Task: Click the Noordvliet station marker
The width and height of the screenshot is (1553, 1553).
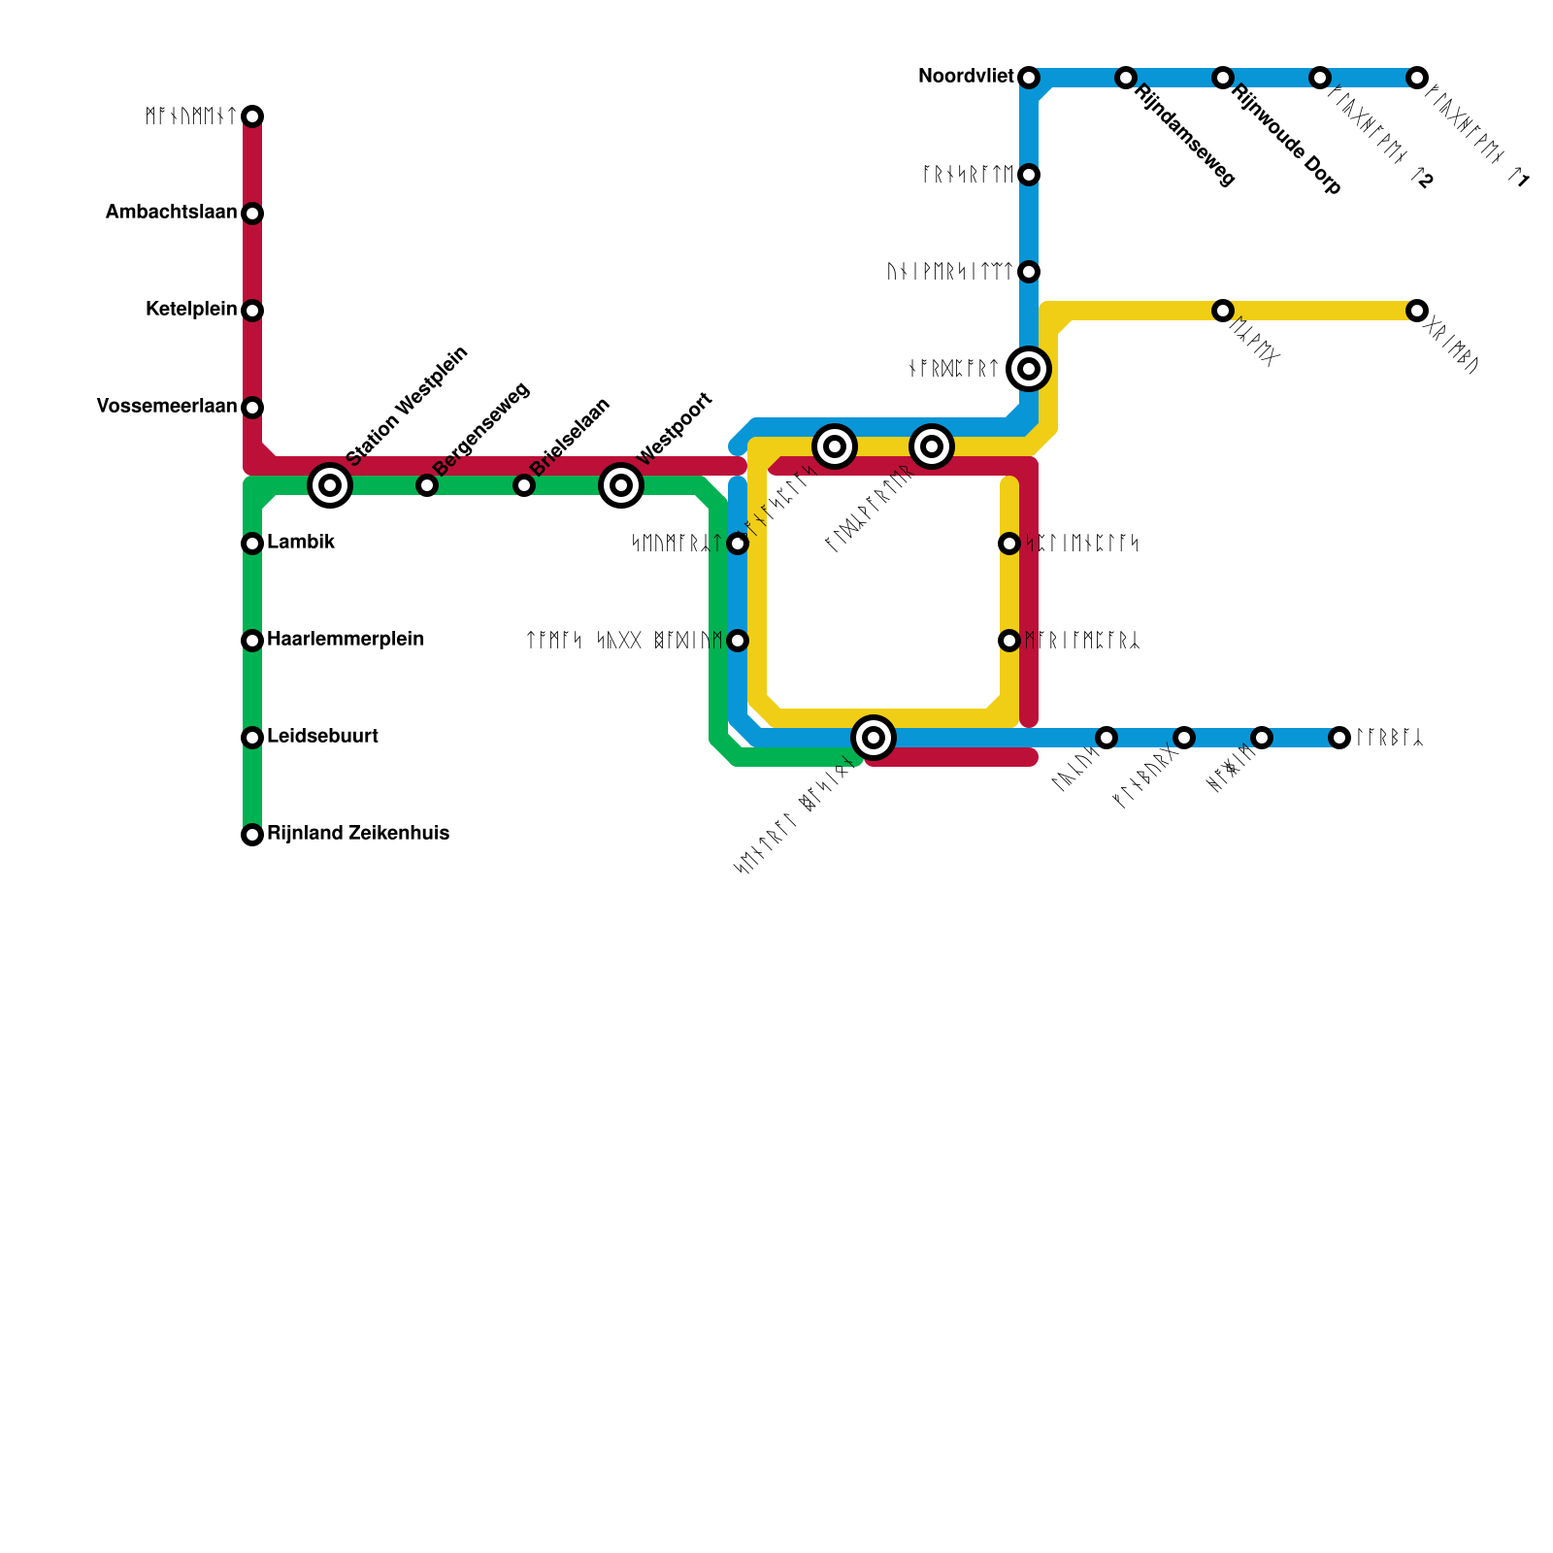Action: pyautogui.click(x=1029, y=78)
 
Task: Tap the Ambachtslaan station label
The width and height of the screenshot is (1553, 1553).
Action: pyautogui.click(x=171, y=213)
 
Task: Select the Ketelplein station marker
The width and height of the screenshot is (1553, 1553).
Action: pyautogui.click(x=252, y=311)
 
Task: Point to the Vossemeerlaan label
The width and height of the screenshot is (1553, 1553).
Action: pyautogui.click(x=167, y=407)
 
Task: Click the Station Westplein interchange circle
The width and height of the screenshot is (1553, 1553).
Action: pyautogui.click(x=330, y=484)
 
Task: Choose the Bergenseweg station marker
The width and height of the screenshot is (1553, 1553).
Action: pyautogui.click(x=427, y=485)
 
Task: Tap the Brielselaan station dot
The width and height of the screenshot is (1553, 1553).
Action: pyautogui.click(x=524, y=485)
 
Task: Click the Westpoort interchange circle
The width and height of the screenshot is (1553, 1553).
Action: pyautogui.click(x=621, y=484)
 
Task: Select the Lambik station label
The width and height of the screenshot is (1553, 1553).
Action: pyautogui.click(x=301, y=543)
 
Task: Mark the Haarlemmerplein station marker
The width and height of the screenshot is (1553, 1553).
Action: pyautogui.click(x=252, y=641)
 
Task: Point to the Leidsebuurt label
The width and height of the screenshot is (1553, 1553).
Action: pyautogui.click(x=322, y=737)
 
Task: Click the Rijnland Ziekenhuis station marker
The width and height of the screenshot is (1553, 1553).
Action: pyautogui.click(x=252, y=835)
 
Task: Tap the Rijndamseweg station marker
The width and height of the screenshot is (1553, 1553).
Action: pyautogui.click(x=1126, y=78)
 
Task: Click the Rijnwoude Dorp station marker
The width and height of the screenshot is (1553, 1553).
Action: pyautogui.click(x=1223, y=78)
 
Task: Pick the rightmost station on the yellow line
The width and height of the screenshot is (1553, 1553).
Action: pyautogui.click(x=1417, y=311)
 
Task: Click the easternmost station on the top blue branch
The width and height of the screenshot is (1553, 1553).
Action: pyautogui.click(x=1417, y=78)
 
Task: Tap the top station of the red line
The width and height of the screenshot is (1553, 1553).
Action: pyautogui.click(x=252, y=116)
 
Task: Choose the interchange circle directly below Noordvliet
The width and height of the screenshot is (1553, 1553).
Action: pyautogui.click(x=1029, y=368)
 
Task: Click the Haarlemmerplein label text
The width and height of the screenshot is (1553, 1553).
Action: pyautogui.click(x=346, y=640)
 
